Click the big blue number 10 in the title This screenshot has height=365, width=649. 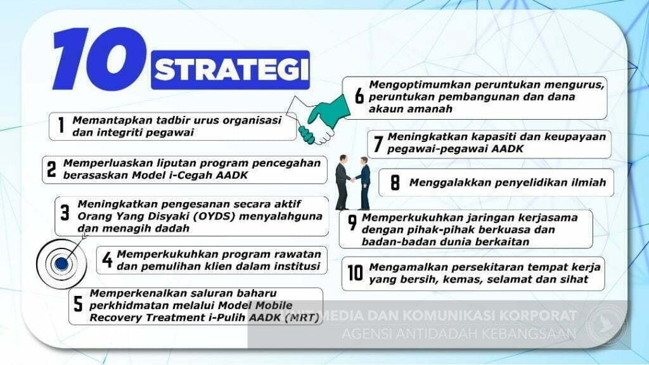(x=100, y=59)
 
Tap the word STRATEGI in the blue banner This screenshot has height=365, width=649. (x=231, y=70)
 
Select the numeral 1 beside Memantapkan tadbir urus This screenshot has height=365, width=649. (x=61, y=125)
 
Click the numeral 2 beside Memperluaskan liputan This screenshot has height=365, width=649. (x=51, y=169)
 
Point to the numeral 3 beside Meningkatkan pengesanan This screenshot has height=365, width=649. (x=65, y=213)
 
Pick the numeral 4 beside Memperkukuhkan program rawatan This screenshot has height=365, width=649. (x=107, y=260)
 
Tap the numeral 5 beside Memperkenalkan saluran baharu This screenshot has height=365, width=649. (x=78, y=304)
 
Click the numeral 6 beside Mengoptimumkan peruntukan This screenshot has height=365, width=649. (x=359, y=96)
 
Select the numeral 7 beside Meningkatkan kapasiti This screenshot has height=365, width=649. (x=378, y=143)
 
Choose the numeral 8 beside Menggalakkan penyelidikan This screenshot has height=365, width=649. (x=395, y=182)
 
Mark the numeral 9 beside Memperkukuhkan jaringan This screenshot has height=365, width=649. (x=352, y=222)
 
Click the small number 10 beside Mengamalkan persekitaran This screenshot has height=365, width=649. (x=355, y=273)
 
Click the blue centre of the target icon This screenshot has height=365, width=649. (x=61, y=264)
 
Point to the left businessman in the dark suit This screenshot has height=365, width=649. (x=343, y=182)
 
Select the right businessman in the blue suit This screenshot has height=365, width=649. (x=363, y=183)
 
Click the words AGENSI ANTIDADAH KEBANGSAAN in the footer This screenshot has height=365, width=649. (x=459, y=333)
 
